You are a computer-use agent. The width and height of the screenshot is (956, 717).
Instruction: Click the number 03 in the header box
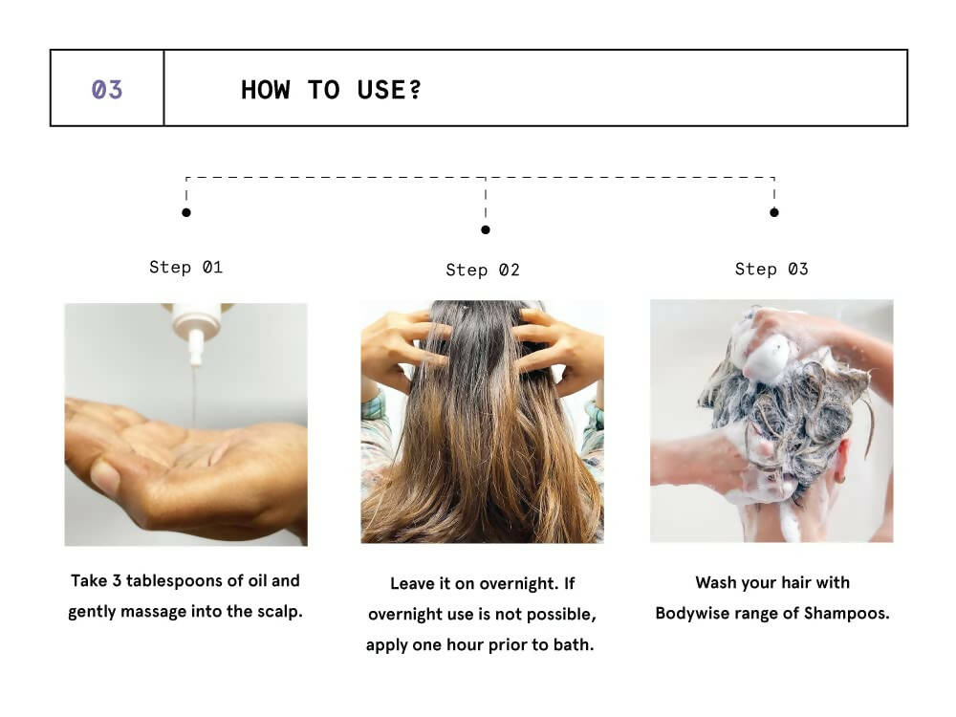click(x=107, y=90)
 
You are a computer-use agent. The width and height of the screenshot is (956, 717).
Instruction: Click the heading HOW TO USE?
click(x=331, y=90)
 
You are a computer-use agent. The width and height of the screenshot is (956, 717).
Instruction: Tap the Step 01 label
click(x=185, y=268)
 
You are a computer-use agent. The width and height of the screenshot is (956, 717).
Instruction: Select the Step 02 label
click(x=483, y=271)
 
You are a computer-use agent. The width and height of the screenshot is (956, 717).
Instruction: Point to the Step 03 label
click(x=771, y=270)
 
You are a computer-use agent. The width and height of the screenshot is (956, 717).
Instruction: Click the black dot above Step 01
click(x=186, y=212)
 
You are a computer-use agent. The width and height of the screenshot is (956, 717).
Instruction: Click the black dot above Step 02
click(x=486, y=229)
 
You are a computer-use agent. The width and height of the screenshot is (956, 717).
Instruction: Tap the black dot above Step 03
click(x=774, y=212)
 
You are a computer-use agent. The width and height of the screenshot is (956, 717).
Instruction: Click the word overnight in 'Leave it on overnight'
click(x=517, y=583)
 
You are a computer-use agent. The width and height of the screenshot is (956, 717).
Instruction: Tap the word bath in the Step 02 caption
click(x=575, y=644)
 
